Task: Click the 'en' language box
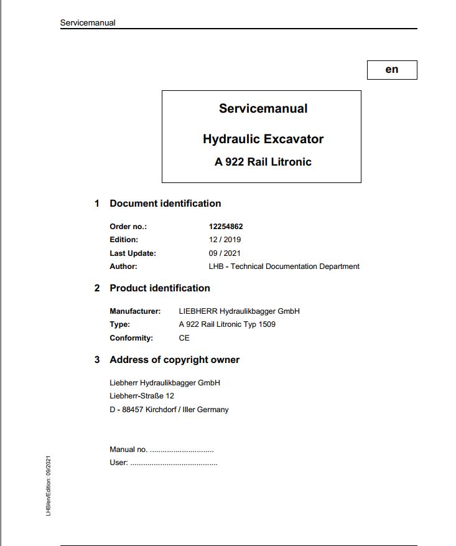[392, 70]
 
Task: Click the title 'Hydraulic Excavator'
[263, 139]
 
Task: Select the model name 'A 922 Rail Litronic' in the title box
[263, 162]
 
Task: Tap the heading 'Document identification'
[165, 204]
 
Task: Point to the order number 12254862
[226, 227]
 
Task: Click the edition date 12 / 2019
[225, 240]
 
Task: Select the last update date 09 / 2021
[225, 253]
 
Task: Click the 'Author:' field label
[123, 266]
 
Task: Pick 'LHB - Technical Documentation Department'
[284, 266]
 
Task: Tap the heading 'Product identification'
[160, 288]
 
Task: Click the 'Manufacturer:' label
[135, 311]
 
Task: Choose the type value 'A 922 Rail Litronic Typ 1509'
[227, 324]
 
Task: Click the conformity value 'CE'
[184, 338]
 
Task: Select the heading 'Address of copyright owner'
[174, 360]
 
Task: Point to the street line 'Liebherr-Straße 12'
[142, 396]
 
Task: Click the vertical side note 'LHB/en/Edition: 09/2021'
[49, 486]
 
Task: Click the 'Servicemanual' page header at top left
[88, 23]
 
